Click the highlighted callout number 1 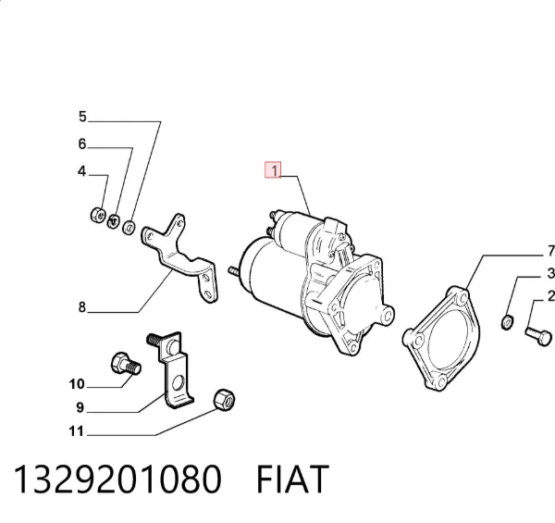coord(274,170)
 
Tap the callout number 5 coord(82,117)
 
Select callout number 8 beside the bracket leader coord(82,307)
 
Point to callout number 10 coord(77,384)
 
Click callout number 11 coord(77,431)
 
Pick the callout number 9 coord(80,407)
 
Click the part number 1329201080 coord(117,479)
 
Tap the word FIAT coord(292,479)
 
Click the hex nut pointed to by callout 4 coord(98,215)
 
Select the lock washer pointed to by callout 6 coord(113,221)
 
